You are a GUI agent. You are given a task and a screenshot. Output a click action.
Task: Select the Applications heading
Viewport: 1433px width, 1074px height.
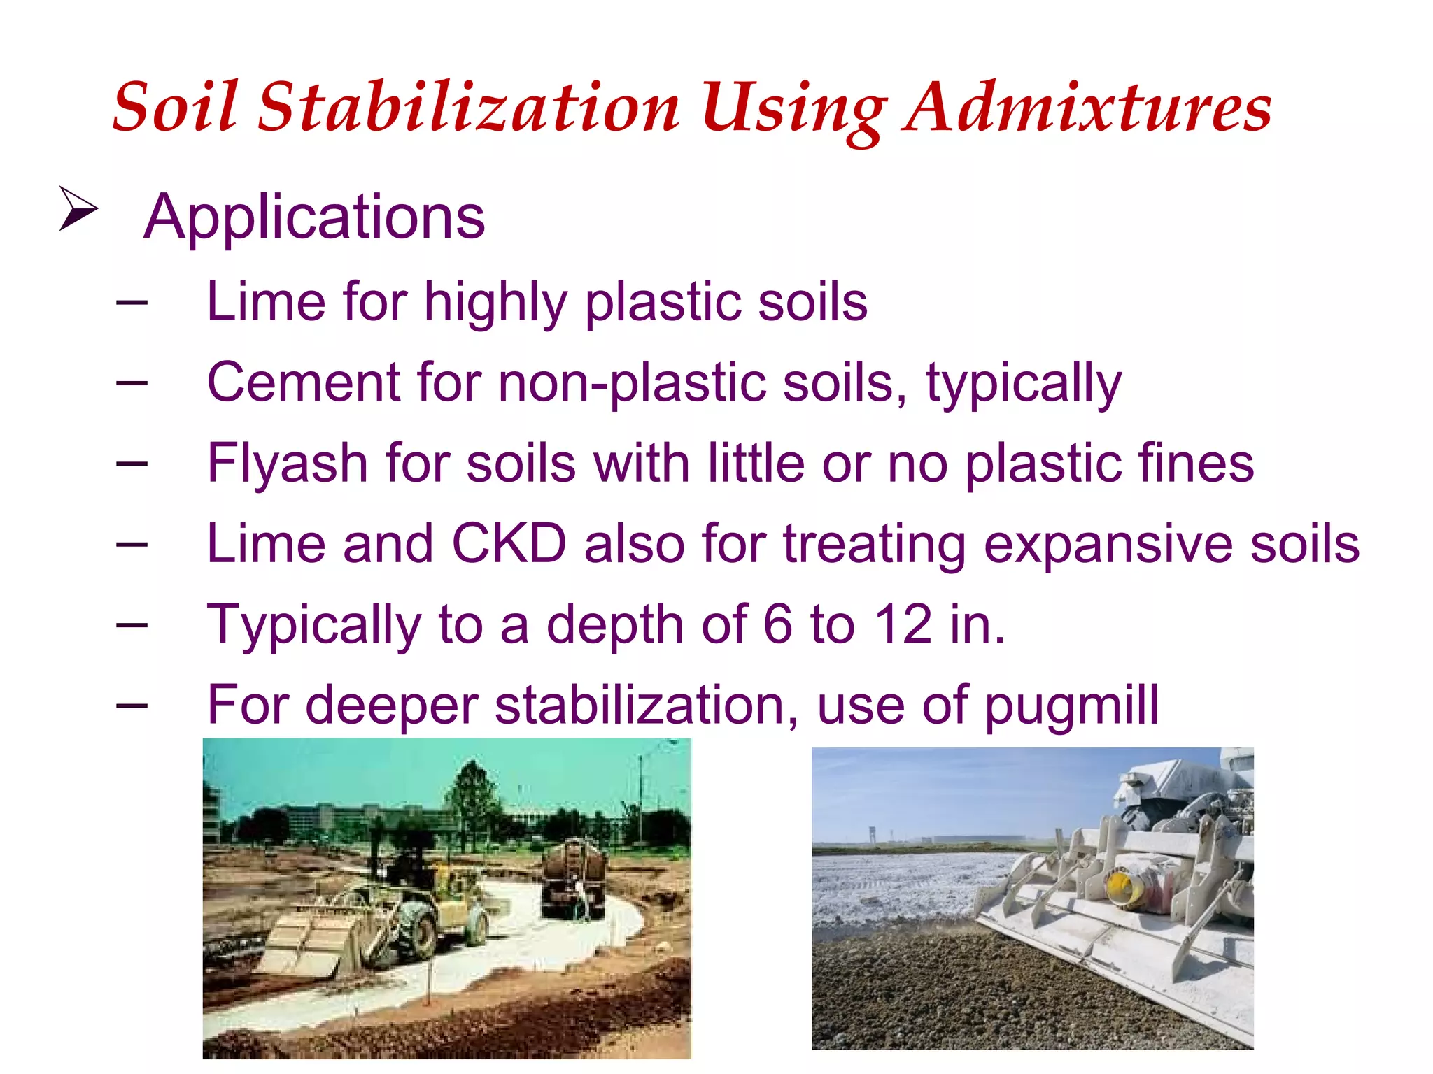(x=314, y=217)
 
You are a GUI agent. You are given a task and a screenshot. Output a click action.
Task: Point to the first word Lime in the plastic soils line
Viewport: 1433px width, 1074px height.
(x=267, y=302)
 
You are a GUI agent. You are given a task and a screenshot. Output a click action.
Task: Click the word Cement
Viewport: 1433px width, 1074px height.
(x=303, y=382)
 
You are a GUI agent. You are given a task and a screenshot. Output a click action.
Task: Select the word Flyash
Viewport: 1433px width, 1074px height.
(x=287, y=464)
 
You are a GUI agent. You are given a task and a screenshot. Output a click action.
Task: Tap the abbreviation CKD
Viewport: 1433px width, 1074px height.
(x=509, y=544)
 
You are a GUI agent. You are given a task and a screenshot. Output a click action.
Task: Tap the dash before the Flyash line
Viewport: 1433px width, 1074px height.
(x=132, y=463)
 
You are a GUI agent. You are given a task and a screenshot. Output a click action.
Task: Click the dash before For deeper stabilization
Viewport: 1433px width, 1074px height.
(x=132, y=705)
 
